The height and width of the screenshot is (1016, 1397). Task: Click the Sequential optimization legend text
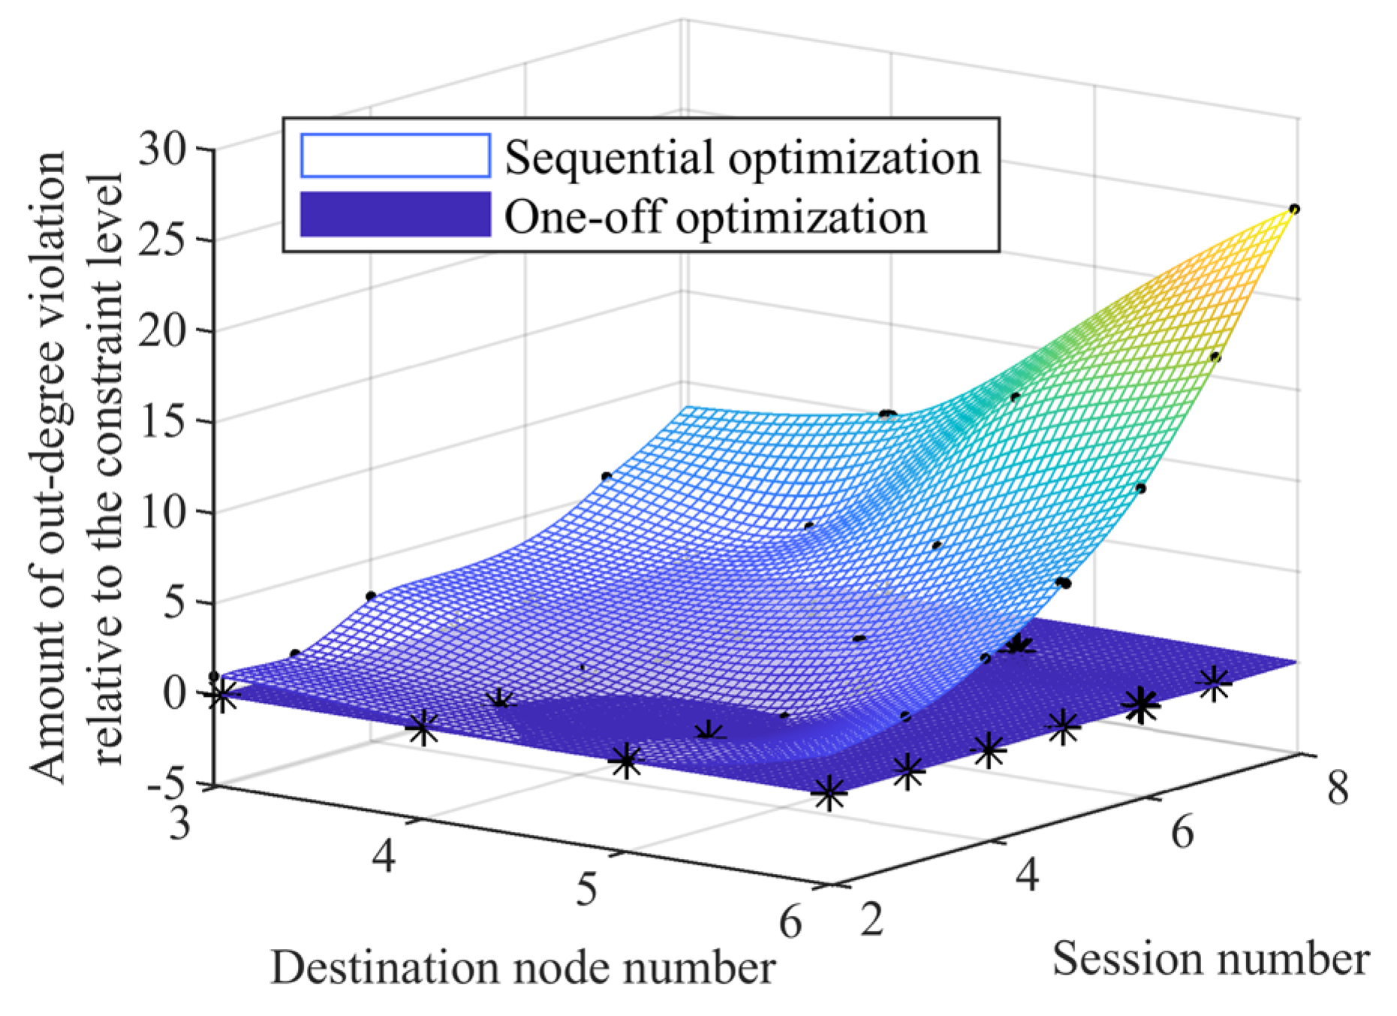click(742, 158)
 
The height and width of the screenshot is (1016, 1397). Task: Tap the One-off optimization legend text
click(715, 217)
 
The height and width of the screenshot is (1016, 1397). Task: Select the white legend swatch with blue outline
click(395, 156)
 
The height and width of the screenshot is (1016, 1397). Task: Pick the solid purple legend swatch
click(395, 215)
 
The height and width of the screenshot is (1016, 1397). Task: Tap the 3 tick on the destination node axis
click(179, 824)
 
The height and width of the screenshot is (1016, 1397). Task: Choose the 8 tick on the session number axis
click(1337, 789)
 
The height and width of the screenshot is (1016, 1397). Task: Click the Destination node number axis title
click(522, 967)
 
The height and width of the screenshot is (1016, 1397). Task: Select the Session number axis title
click(1210, 959)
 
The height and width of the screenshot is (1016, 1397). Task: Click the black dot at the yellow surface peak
click(1294, 209)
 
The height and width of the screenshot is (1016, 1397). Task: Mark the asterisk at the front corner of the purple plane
click(829, 793)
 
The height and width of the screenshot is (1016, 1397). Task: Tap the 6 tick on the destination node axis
click(790, 921)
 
